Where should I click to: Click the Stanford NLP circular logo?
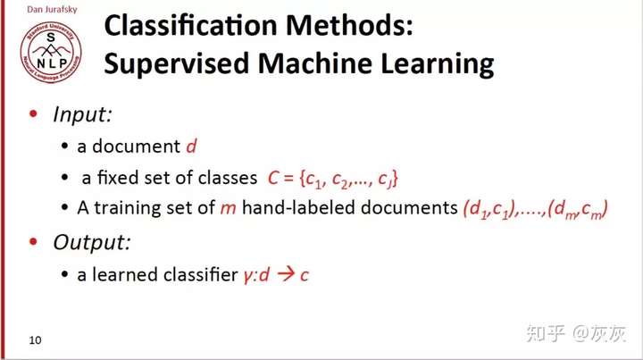(51, 53)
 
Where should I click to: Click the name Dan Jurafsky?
(52, 10)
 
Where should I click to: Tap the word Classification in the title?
(191, 25)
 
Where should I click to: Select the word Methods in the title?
(349, 25)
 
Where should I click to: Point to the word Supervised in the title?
(177, 64)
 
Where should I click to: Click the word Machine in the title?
(315, 63)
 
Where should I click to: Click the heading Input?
(82, 114)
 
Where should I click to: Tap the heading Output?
(92, 242)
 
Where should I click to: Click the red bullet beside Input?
(34, 113)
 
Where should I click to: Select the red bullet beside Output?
(34, 242)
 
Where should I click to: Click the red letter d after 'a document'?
(191, 146)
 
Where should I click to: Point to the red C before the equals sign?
(273, 179)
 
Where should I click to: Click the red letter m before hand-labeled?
(229, 209)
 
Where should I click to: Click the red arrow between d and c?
(286, 274)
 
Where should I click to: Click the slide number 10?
(35, 340)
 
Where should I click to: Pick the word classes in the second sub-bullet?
(228, 178)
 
